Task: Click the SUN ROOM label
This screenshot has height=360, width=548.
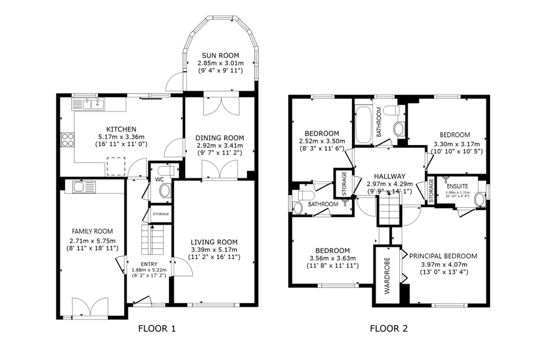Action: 220,56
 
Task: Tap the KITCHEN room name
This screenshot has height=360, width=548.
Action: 121,129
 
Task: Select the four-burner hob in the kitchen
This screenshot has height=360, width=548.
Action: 67,140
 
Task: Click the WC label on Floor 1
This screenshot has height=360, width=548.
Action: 159,180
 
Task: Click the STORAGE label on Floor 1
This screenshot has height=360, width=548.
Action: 161,214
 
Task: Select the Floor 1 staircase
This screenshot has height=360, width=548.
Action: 152,240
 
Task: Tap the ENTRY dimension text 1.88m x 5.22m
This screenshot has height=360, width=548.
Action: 149,270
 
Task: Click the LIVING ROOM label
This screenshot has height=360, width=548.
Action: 214,242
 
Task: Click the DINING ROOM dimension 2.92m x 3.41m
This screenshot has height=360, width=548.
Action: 220,146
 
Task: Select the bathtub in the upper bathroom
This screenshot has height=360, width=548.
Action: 363,125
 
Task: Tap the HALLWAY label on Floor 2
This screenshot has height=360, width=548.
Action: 390,177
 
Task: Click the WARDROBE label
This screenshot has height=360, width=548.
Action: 387,276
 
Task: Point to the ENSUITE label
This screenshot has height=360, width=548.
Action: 457,186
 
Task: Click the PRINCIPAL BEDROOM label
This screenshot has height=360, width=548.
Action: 443,256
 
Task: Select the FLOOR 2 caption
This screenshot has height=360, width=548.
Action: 389,328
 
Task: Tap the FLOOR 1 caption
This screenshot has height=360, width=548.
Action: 157,328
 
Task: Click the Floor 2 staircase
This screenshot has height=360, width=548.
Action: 389,208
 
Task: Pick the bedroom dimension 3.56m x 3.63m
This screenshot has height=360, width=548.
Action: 333,258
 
